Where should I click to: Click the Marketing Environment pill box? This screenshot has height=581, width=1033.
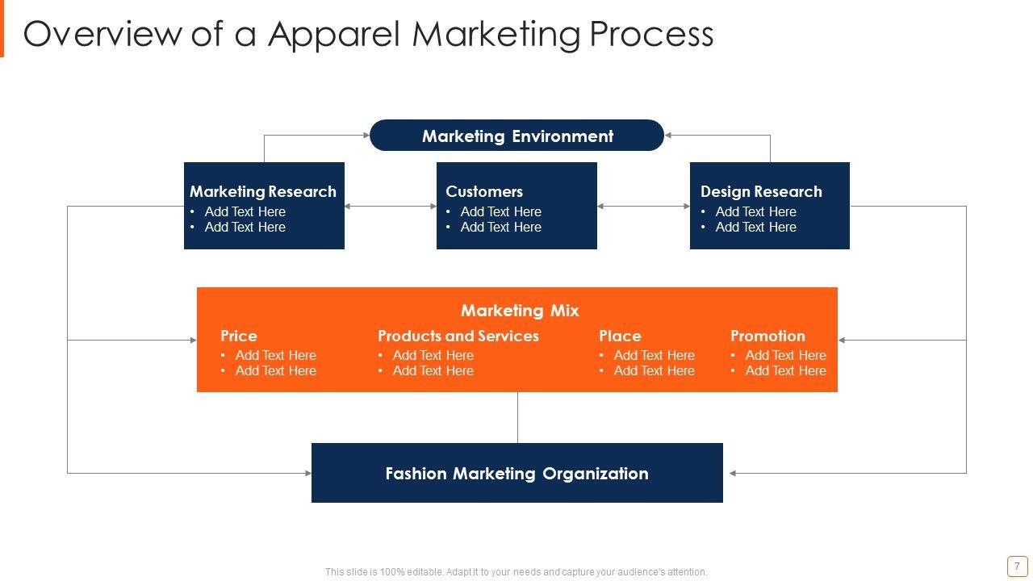pos(516,136)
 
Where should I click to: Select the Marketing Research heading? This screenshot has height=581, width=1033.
pos(263,191)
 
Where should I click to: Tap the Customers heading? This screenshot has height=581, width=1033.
pos(484,191)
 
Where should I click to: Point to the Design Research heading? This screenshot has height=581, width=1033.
pos(761,191)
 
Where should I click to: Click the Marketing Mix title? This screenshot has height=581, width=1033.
pos(520,311)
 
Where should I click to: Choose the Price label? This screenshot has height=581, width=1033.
pos(239,336)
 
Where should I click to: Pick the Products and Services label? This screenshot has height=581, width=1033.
pos(458,336)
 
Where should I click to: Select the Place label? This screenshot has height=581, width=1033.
pos(620,336)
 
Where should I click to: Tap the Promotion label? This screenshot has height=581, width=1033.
pos(767,336)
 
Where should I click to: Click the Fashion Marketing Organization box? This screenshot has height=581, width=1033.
pos(516,473)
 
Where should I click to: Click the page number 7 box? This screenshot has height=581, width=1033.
pos(1017,566)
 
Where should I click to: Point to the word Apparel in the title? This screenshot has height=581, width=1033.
pos(334,35)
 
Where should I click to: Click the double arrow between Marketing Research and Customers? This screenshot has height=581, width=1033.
pos(391,207)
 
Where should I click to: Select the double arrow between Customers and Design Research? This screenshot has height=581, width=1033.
pos(643,207)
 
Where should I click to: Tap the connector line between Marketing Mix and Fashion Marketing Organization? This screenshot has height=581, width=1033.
pos(517,417)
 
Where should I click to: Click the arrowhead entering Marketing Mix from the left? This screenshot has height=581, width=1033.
pos(194,341)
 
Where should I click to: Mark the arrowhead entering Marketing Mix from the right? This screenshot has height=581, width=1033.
pos(842,341)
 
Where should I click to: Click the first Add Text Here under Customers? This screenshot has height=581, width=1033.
pos(500,211)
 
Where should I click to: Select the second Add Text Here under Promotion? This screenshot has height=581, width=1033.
pos(785,371)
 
